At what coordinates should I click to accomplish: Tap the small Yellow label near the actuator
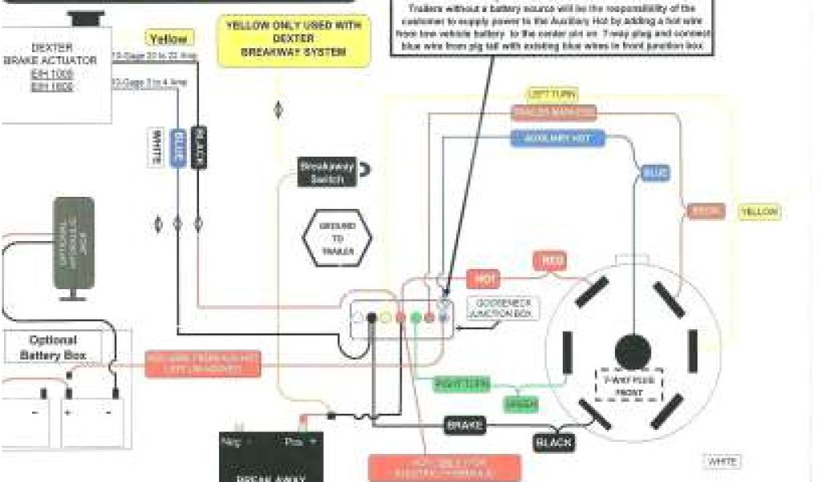169,39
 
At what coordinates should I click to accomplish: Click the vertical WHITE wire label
156,148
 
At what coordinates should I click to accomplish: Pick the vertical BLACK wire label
199,147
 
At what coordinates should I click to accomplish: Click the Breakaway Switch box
326,172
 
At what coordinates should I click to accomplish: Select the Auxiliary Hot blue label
558,139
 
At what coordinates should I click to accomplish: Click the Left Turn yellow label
553,95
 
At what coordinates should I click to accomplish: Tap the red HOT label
484,279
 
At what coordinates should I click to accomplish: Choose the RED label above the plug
552,261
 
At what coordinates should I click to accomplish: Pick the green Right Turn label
462,384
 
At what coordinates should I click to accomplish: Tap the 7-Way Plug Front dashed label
629,385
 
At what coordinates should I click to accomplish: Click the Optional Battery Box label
53,347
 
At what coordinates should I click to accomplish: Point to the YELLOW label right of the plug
759,212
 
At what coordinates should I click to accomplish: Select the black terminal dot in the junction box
372,318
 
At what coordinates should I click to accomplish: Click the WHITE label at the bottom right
722,461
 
